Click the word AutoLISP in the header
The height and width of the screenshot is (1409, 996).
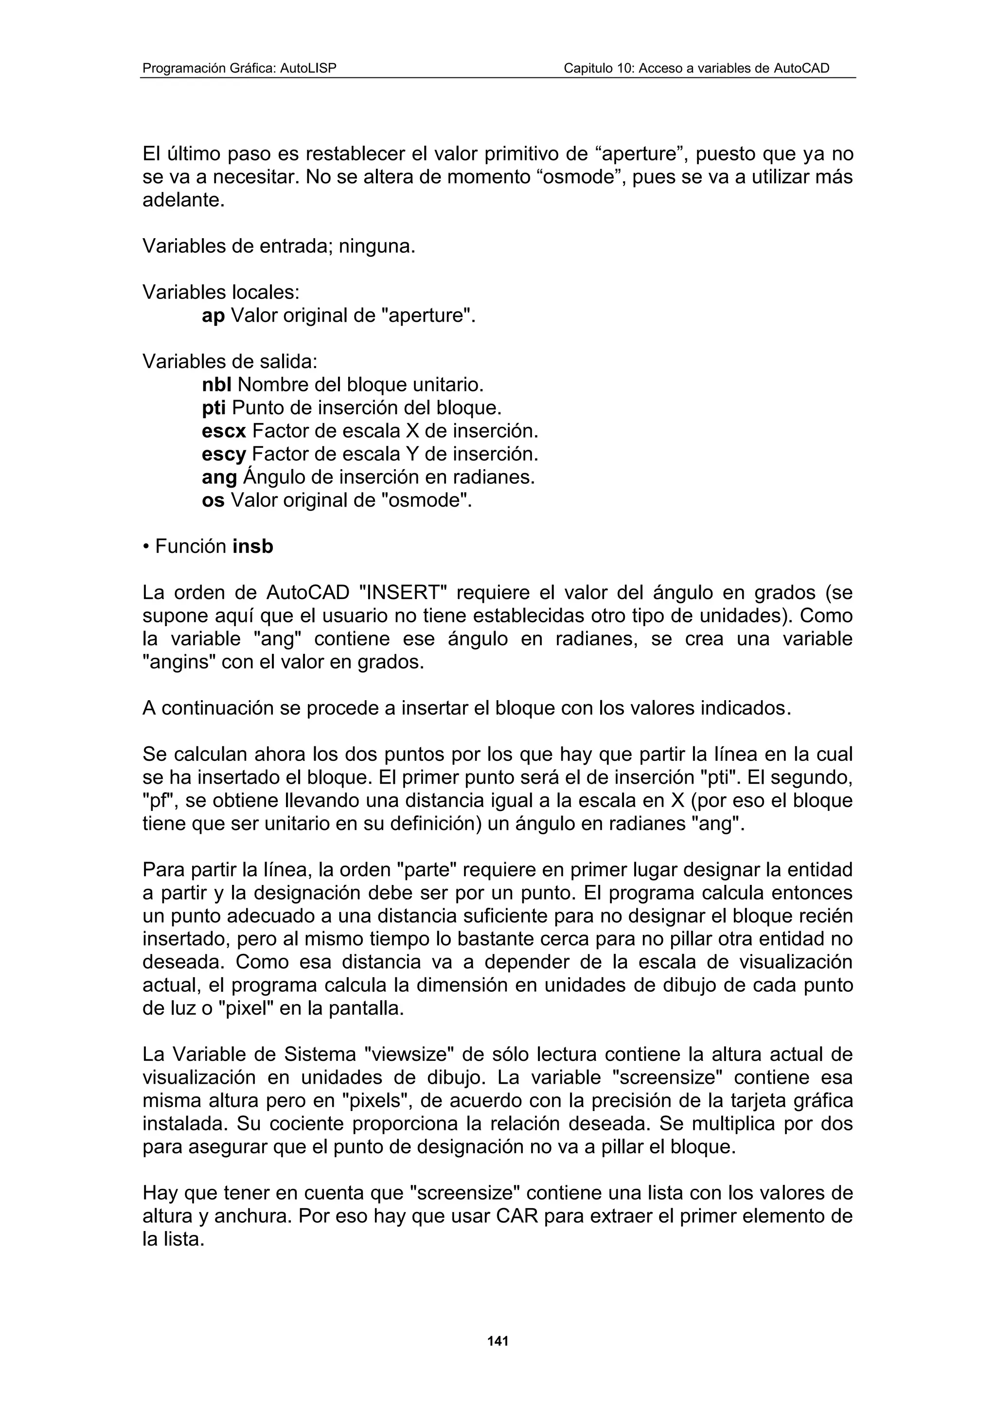coord(308,68)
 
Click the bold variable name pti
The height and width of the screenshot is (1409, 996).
coord(214,407)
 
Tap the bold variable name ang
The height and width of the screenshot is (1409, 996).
coord(219,477)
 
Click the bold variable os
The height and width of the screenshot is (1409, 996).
coord(213,500)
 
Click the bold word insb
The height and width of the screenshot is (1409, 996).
coord(253,546)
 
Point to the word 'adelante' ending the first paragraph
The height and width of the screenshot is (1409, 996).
coord(183,200)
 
